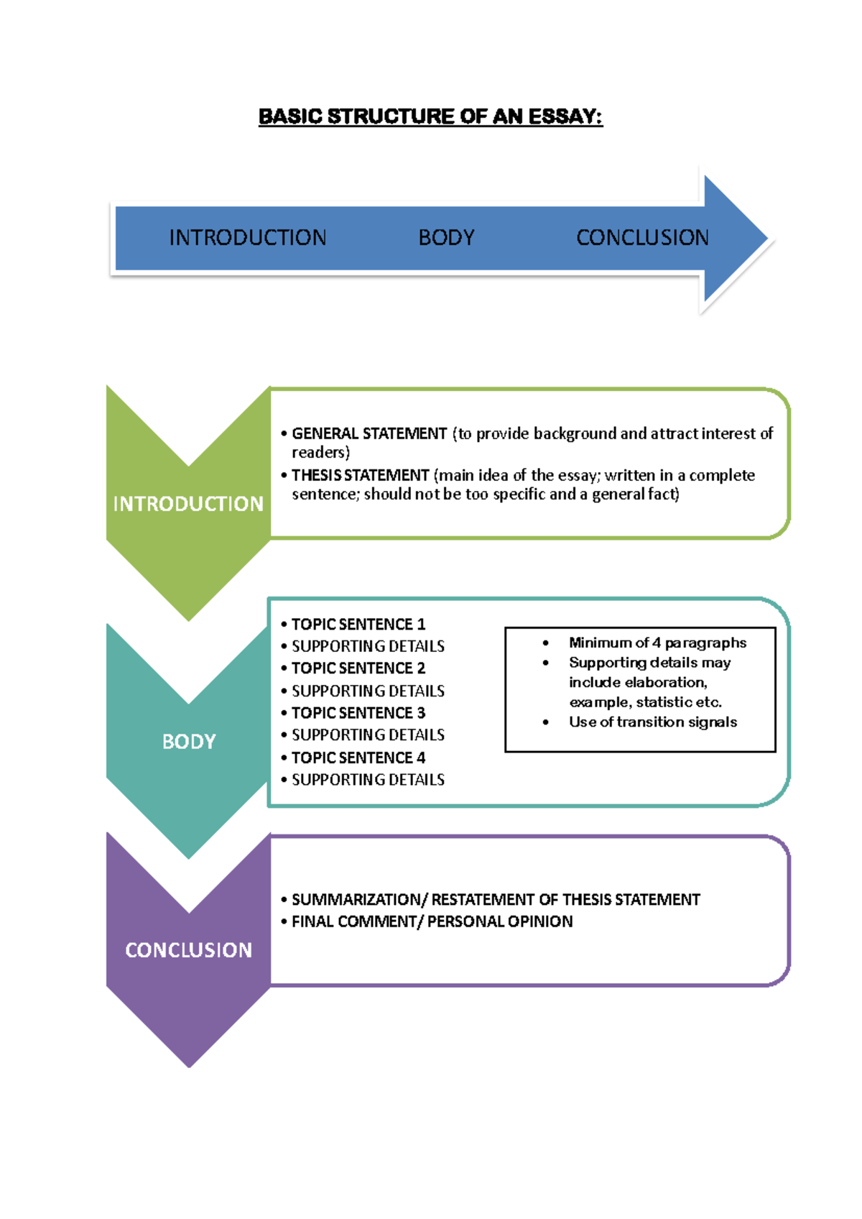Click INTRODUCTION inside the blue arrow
[x=248, y=238]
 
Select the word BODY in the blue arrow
[x=446, y=238]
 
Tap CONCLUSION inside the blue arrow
[x=642, y=238]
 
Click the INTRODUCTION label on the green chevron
[x=188, y=504]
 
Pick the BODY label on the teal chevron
[x=189, y=742]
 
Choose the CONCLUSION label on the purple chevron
[x=189, y=950]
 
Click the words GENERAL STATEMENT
[x=369, y=433]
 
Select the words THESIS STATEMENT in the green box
[x=360, y=475]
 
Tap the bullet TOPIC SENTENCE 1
[x=358, y=624]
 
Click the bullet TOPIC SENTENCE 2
[x=358, y=668]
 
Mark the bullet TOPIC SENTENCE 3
[x=358, y=713]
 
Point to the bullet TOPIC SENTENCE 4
[x=358, y=758]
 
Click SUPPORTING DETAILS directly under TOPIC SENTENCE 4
[x=368, y=780]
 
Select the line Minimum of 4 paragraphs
[x=657, y=643]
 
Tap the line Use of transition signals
[x=652, y=722]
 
